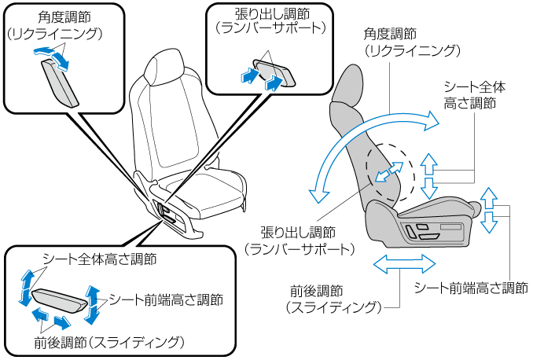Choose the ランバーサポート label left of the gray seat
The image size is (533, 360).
click(x=300, y=248)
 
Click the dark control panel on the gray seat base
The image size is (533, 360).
click(x=425, y=233)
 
